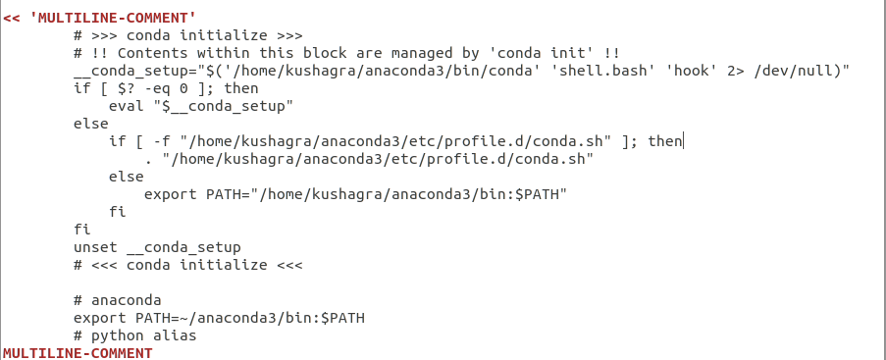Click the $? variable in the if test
[121, 88]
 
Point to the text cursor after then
[683, 141]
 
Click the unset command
[95, 247]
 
